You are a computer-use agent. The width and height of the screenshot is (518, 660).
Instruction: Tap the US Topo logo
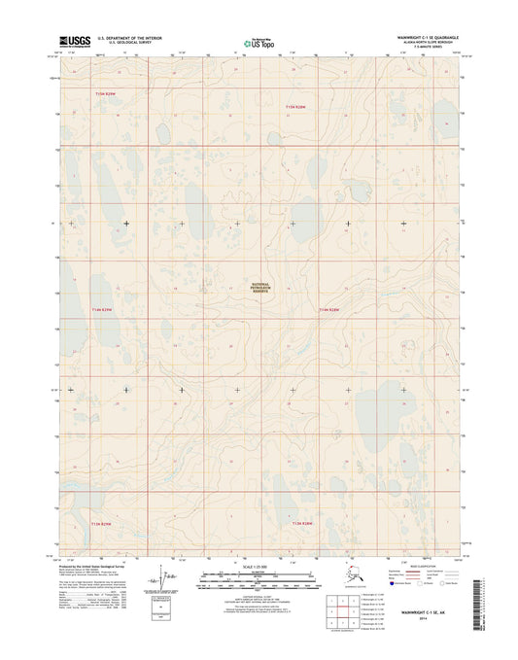click(259, 43)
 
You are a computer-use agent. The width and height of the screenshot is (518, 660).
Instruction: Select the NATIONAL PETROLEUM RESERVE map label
click(259, 288)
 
